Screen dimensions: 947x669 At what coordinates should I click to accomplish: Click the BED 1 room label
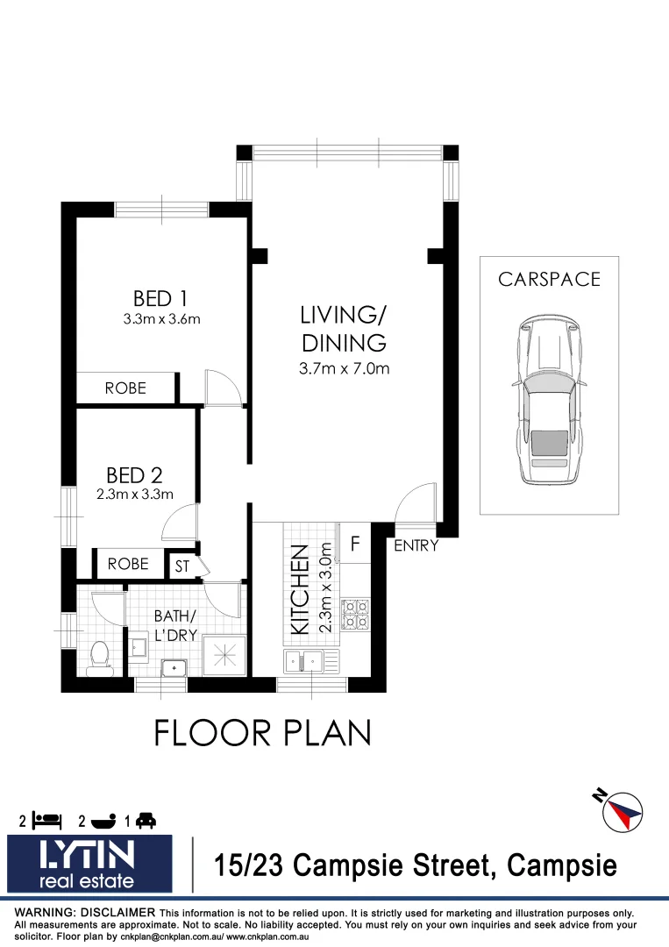[x=161, y=298]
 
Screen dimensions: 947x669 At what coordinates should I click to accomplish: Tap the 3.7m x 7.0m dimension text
[x=344, y=369]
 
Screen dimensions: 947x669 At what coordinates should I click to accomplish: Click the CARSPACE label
[x=549, y=280]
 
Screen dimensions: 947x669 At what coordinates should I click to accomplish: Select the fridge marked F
[x=355, y=544]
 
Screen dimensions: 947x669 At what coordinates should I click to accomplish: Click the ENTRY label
[x=416, y=546]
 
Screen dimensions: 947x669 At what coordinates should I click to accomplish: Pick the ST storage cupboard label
[x=182, y=566]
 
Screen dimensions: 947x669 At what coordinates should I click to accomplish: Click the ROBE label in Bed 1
[x=125, y=388]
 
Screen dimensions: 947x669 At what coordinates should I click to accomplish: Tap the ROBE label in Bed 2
[x=128, y=565]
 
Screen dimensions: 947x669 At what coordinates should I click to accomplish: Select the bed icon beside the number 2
[x=47, y=821]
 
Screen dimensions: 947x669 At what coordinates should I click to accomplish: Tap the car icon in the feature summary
[x=146, y=821]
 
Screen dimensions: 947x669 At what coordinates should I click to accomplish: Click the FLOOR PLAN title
[x=262, y=732]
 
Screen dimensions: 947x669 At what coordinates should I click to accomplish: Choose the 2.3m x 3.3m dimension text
[x=134, y=495]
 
